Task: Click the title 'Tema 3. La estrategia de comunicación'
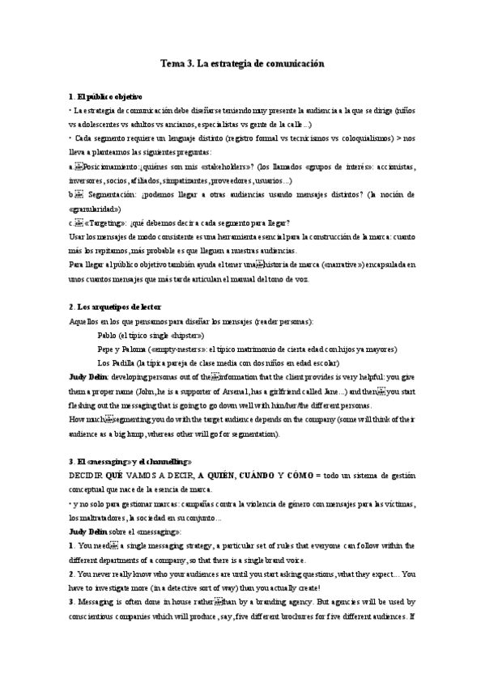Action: point(242,62)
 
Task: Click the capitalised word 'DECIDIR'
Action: point(91,476)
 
